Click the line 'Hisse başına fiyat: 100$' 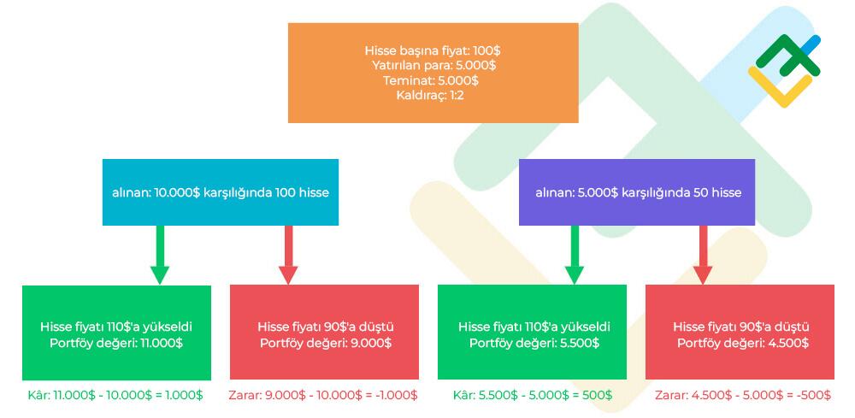click(433, 50)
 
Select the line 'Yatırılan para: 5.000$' click(433, 65)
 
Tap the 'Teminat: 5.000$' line click(433, 79)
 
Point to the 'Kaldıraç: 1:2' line click(433, 95)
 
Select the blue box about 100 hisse click(221, 192)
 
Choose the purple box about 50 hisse click(638, 192)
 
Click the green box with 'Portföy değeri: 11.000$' click(116, 333)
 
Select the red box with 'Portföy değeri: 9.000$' click(325, 333)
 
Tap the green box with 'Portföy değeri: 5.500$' click(533, 333)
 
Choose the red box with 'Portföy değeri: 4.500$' click(740, 333)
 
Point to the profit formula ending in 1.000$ click(116, 395)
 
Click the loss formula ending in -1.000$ click(323, 395)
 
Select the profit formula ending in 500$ click(533, 395)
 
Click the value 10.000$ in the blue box click(176, 193)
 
